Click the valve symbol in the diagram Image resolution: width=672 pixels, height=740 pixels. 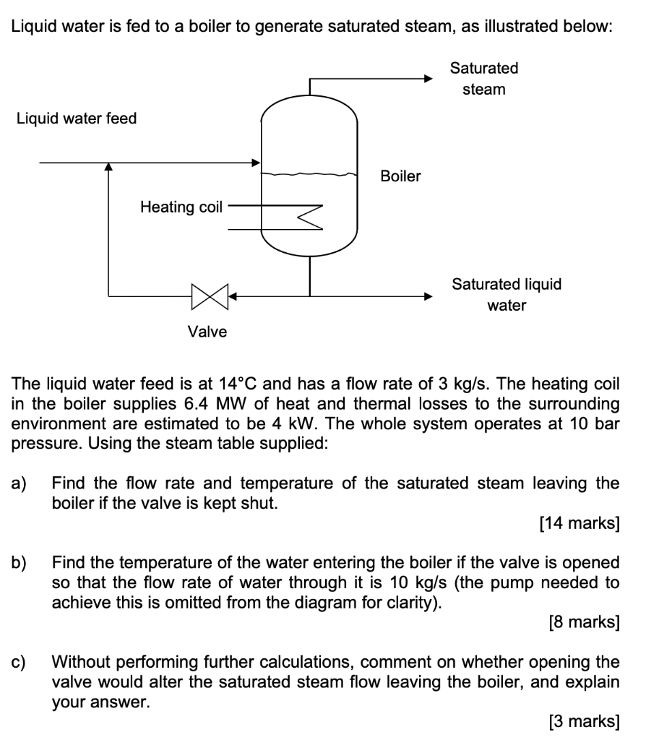click(210, 296)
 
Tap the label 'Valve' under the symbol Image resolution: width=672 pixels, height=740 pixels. click(207, 332)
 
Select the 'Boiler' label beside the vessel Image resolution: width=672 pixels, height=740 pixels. click(400, 176)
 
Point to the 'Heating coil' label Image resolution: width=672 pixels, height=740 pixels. click(181, 207)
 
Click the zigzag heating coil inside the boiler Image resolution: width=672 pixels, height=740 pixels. click(308, 217)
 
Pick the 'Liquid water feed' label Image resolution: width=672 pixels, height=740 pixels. click(77, 118)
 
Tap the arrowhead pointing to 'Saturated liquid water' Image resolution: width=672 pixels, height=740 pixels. click(428, 296)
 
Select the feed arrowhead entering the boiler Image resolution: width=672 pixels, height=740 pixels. click(255, 163)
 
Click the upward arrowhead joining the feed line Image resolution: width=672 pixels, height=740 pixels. click(108, 168)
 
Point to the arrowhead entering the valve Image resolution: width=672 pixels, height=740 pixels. click(233, 296)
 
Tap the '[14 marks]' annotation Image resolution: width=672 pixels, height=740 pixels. click(580, 523)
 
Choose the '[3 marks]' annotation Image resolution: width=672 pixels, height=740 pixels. click(584, 720)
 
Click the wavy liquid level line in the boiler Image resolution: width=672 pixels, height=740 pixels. click(309, 174)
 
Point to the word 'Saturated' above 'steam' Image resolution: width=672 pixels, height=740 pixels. click(484, 68)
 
